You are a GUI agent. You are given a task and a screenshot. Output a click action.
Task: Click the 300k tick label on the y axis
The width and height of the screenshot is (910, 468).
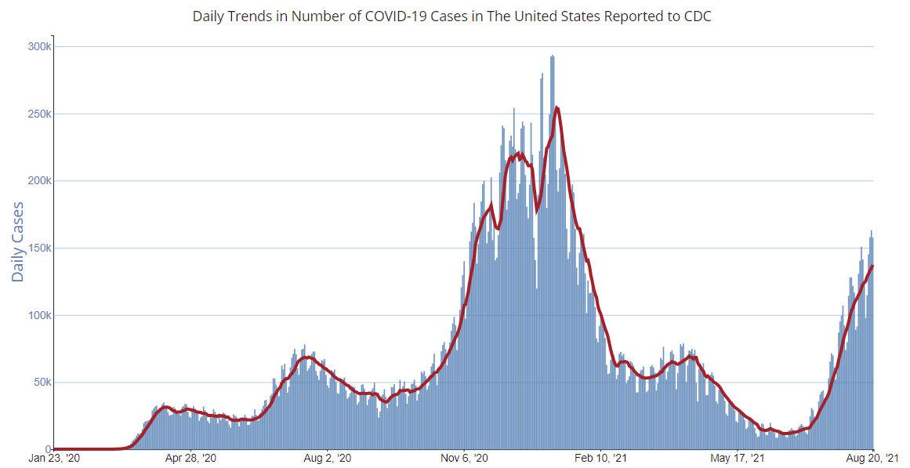point(39,46)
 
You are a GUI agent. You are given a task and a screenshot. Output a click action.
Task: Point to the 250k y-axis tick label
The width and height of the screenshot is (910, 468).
point(39,114)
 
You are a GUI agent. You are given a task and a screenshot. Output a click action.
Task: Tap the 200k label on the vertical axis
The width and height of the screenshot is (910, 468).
point(39,181)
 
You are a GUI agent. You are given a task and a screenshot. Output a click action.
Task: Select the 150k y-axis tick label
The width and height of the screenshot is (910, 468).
point(39,249)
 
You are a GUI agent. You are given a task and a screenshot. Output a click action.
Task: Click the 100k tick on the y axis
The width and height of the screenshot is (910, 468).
point(39,316)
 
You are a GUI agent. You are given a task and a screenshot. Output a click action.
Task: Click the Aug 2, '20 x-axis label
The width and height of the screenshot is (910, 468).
point(327,458)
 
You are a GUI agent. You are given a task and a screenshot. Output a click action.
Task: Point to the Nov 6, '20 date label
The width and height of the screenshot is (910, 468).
point(465,458)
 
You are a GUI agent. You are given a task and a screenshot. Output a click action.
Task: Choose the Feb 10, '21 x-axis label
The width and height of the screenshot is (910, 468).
point(601,458)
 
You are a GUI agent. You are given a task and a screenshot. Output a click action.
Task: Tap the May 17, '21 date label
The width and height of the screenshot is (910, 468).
point(738,458)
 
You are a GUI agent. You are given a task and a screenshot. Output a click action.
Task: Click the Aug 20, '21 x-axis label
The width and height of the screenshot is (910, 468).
point(873,458)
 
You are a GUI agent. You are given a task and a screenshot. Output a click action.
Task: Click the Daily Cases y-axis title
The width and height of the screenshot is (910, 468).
point(18,241)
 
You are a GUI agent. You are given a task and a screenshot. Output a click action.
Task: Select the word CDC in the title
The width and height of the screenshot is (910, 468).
point(697,16)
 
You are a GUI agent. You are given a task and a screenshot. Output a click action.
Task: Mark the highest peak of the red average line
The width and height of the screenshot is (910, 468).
point(556,107)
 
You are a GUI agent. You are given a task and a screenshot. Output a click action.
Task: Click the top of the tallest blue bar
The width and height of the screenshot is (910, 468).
point(553,56)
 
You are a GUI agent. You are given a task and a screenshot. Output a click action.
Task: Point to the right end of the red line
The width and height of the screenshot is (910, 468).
point(873,266)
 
